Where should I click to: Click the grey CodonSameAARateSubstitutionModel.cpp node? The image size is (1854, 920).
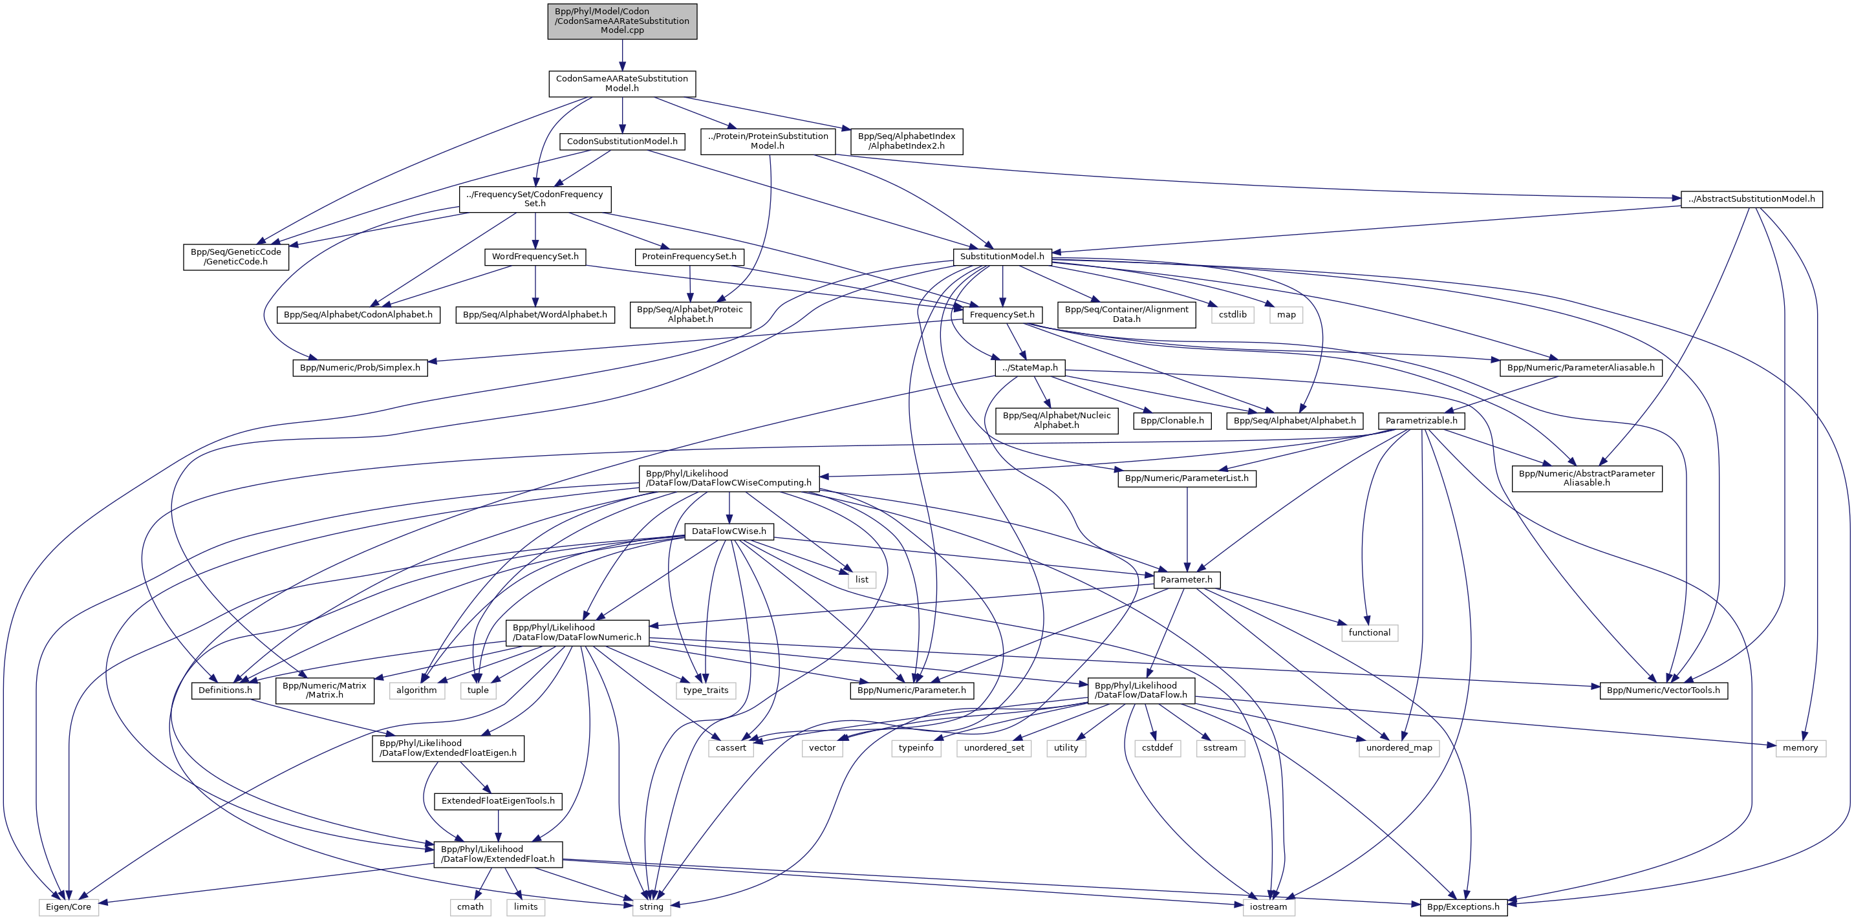tap(622, 21)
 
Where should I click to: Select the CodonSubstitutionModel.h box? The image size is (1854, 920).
tap(622, 141)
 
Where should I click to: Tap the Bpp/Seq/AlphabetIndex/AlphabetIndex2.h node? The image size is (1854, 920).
tap(906, 141)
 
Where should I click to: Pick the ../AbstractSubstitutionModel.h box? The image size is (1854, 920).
tap(1751, 198)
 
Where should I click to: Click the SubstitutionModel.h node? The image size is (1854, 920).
tap(1002, 256)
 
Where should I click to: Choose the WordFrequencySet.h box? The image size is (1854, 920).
tap(535, 256)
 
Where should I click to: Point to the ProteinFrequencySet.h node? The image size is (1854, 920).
tap(689, 256)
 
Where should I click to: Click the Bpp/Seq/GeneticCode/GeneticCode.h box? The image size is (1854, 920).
tap(235, 257)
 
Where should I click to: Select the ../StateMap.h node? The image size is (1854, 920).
tap(1031, 368)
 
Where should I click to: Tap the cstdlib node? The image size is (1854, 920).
tap(1232, 314)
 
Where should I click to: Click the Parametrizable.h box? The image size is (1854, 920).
tap(1421, 420)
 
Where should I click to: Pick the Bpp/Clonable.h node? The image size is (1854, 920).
tap(1172, 420)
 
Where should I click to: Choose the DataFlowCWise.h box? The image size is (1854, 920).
tap(728, 531)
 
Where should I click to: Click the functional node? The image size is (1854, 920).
tap(1369, 632)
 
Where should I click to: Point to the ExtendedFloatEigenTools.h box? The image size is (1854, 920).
tap(498, 800)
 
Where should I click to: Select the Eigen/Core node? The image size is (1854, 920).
tap(69, 906)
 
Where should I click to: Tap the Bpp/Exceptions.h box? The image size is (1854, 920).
tap(1463, 906)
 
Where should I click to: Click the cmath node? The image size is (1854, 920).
tap(470, 906)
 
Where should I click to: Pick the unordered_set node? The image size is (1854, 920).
tap(994, 747)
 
